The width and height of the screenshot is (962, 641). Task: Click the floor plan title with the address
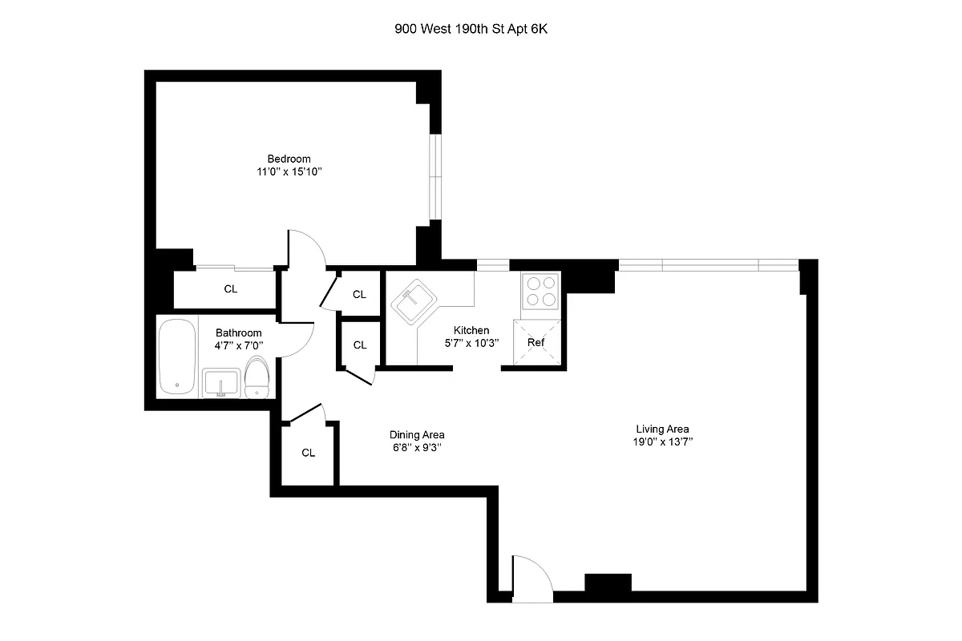click(475, 30)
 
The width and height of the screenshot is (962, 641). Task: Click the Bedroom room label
click(289, 159)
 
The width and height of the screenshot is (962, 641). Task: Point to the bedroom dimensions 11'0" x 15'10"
click(289, 172)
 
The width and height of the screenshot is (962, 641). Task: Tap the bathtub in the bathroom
click(176, 357)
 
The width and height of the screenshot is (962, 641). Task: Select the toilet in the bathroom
click(257, 377)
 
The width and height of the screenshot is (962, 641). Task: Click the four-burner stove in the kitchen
click(540, 291)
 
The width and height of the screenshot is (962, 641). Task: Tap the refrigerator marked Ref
click(536, 342)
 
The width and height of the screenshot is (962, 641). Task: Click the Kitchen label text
click(471, 330)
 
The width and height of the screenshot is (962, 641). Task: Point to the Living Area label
click(661, 429)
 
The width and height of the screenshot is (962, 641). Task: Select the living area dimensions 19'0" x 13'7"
click(661, 441)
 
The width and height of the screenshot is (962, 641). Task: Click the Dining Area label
click(417, 434)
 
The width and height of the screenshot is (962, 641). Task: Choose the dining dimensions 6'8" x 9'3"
click(417, 448)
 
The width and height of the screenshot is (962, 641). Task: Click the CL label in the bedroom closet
click(230, 289)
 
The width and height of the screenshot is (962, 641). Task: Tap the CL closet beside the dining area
click(308, 453)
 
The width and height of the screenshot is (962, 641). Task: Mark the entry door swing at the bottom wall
click(530, 579)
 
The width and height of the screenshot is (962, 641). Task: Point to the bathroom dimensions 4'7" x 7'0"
click(239, 346)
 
